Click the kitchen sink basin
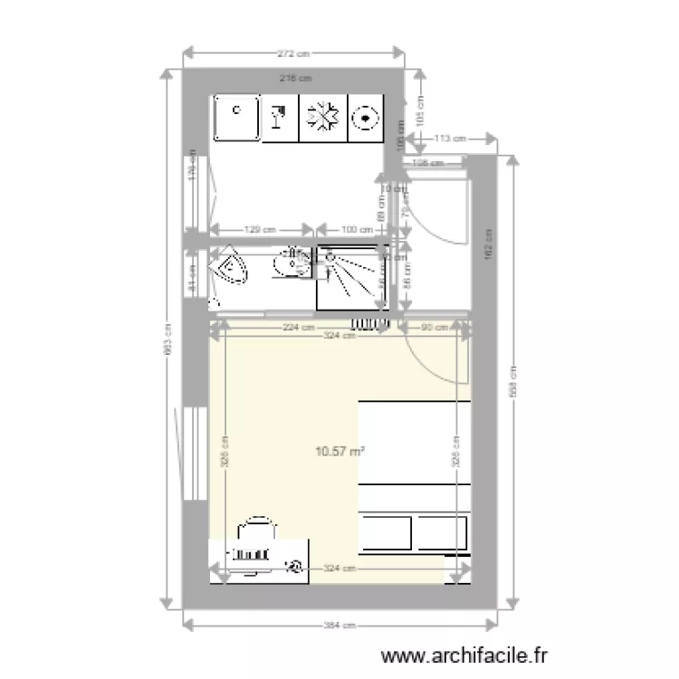(236, 119)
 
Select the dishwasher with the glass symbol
(280, 119)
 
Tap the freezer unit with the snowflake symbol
(323, 119)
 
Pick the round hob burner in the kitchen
(367, 118)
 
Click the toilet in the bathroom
(229, 269)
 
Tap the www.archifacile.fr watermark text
(465, 655)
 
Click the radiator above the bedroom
(370, 322)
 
